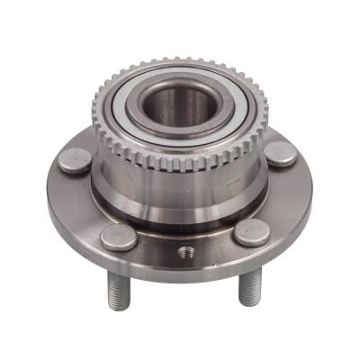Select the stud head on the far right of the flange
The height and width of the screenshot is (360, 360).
pyautogui.click(x=282, y=153)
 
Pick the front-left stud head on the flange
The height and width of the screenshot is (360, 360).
pyautogui.click(x=118, y=237)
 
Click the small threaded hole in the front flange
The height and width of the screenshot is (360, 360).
pyautogui.click(x=185, y=250)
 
